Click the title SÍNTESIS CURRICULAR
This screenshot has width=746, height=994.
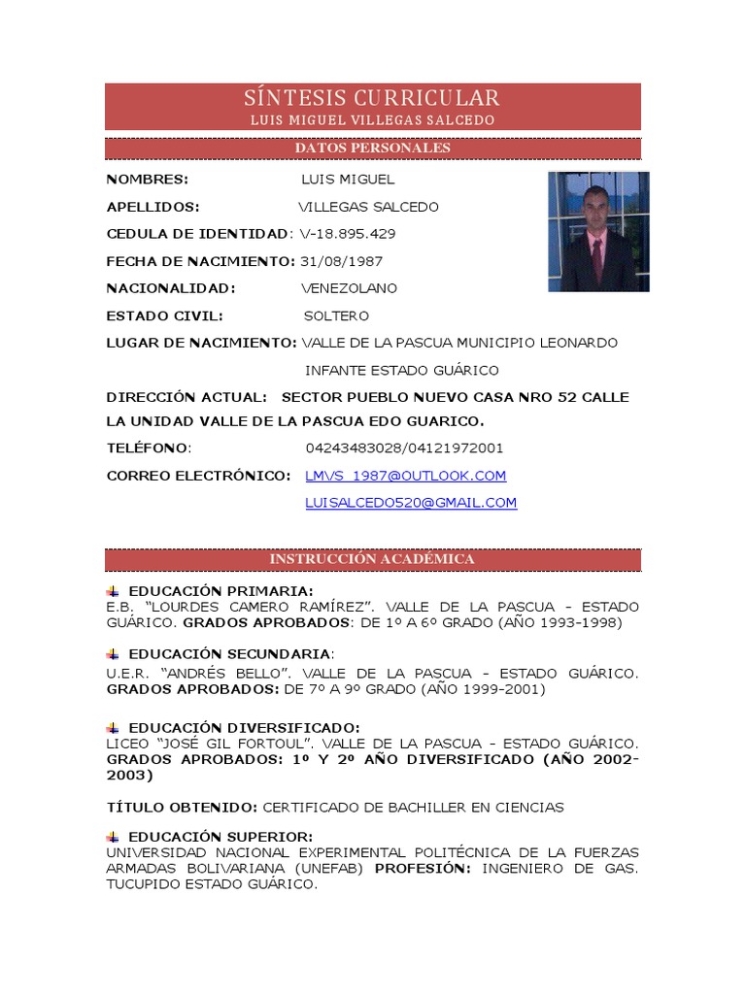click(x=372, y=98)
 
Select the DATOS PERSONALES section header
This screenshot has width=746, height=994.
click(x=372, y=148)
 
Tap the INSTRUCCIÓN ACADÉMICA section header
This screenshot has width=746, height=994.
click(x=372, y=559)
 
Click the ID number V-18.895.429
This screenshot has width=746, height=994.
click(x=347, y=234)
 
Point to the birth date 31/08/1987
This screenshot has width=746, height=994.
click(x=341, y=261)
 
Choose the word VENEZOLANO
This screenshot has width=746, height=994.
click(x=349, y=288)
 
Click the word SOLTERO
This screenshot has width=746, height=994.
click(x=336, y=315)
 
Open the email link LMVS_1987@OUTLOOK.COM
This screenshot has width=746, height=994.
click(x=405, y=475)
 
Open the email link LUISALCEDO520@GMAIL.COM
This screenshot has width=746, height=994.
click(x=411, y=502)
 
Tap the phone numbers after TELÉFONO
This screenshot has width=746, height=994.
click(x=404, y=447)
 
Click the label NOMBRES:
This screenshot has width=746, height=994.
click(x=148, y=180)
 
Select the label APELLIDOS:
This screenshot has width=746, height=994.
click(x=153, y=207)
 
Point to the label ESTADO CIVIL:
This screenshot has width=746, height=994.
click(x=165, y=315)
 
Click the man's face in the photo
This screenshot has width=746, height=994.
click(x=594, y=210)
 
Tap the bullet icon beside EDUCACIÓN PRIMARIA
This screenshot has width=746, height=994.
click(x=113, y=591)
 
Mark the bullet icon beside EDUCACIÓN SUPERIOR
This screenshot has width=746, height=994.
click(x=113, y=837)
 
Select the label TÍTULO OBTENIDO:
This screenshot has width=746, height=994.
click(x=182, y=807)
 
